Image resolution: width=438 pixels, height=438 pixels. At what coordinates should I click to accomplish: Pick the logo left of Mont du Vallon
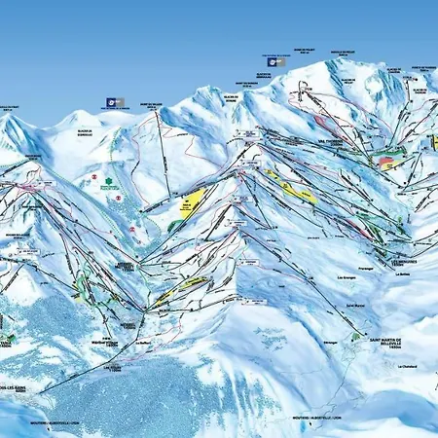(115, 102)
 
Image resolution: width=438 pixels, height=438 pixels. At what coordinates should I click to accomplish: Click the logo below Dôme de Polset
(277, 61)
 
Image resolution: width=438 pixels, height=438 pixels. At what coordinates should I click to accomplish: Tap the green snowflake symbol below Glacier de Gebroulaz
(95, 177)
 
